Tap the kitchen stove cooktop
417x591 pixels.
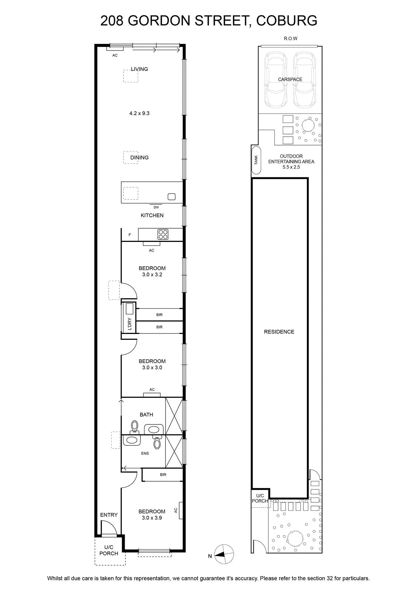click(163, 234)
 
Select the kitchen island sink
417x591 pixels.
click(171, 197)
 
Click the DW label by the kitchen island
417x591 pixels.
click(156, 207)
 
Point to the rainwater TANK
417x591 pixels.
click(256, 160)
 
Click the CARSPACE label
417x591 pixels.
click(290, 79)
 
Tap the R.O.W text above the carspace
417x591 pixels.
click(291, 38)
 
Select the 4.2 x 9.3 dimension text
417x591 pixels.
click(139, 113)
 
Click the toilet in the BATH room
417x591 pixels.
click(135, 427)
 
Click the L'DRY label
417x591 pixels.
click(129, 324)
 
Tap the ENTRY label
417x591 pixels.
click(109, 515)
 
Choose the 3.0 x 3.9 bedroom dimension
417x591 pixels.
click(152, 517)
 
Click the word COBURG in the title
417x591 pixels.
click(286, 21)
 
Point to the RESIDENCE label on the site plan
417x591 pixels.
click(279, 332)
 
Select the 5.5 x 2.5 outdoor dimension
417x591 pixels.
click(291, 167)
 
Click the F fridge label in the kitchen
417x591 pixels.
click(130, 235)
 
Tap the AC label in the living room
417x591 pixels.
click(115, 55)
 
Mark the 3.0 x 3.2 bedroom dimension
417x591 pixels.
click(152, 274)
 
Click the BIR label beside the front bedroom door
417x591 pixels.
click(163, 475)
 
